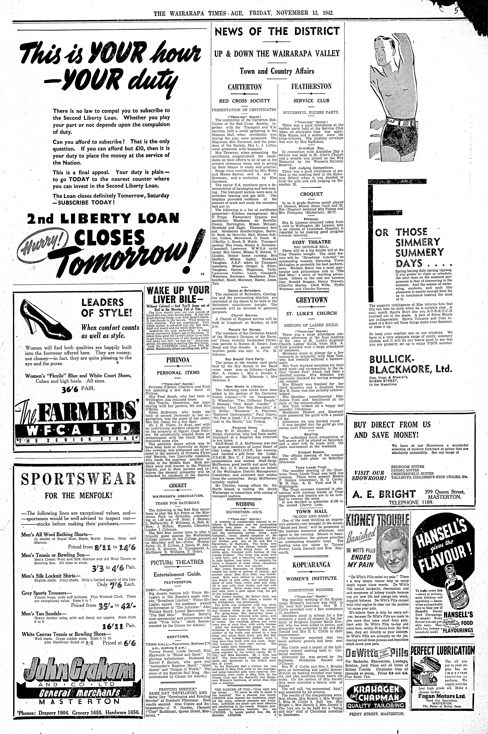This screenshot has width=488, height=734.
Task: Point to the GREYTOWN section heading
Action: click(312, 300)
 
